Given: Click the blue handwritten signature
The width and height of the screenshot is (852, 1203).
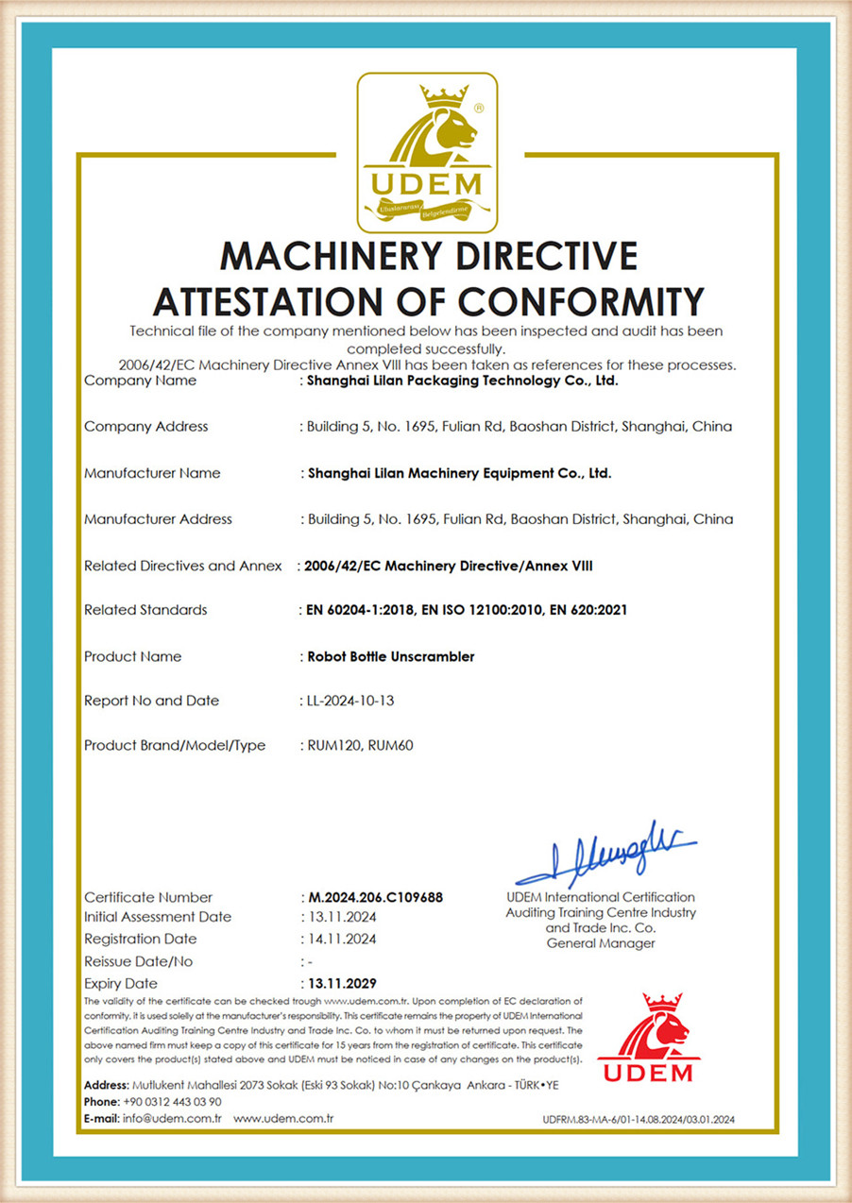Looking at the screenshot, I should (x=605, y=854).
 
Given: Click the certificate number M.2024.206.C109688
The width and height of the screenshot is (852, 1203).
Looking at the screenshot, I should (x=376, y=897).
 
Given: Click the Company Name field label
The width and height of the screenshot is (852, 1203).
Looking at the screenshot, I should (x=141, y=381).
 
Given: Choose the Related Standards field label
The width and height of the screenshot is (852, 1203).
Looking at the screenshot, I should (x=145, y=610).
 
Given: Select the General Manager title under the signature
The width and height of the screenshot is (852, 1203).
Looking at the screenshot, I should (x=601, y=943).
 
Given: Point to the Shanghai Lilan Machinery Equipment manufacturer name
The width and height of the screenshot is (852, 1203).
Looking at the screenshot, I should (x=460, y=473).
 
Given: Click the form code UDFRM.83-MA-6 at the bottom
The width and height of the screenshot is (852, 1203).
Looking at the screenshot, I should (x=639, y=1120).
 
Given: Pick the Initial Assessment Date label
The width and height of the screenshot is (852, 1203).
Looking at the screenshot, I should (x=158, y=917).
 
